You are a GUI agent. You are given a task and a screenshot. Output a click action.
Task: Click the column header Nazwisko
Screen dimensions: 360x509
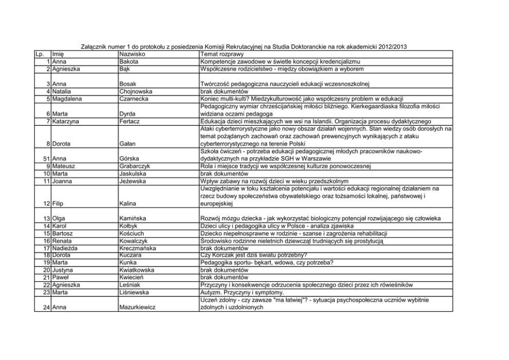[132, 54]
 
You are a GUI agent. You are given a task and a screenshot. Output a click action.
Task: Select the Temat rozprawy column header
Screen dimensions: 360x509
[222, 54]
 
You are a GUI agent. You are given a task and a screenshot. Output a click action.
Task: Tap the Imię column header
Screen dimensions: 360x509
[57, 54]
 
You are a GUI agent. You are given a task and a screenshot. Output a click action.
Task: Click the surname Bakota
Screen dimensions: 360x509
[129, 61]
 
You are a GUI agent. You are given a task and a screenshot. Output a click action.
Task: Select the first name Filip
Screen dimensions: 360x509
[58, 204]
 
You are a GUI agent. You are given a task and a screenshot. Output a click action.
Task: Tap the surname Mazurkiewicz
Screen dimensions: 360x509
[138, 308]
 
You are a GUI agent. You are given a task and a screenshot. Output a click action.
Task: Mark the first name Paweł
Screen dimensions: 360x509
[61, 278]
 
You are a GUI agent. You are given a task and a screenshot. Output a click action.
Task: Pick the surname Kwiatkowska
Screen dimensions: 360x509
[136, 270]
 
